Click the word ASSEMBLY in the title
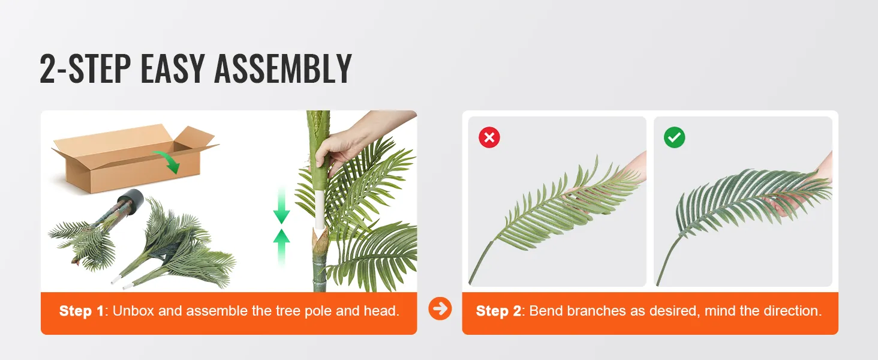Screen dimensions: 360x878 [x=282, y=70]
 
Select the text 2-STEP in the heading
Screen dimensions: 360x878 [x=84, y=70]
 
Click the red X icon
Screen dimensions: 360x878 [x=489, y=137]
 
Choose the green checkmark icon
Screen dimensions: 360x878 [x=675, y=137]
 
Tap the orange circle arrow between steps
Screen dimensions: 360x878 [x=440, y=309]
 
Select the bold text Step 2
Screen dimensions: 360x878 [x=498, y=311]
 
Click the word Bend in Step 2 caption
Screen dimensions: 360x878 [x=544, y=311]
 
